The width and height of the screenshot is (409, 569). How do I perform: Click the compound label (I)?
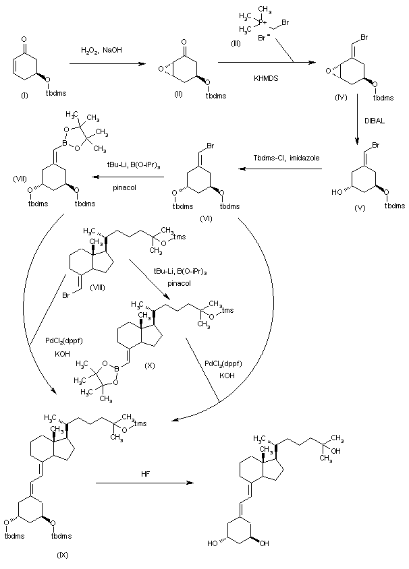pos(25,98)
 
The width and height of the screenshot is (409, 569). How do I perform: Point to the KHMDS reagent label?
pos(265,79)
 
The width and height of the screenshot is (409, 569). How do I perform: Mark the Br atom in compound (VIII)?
pos(66,296)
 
